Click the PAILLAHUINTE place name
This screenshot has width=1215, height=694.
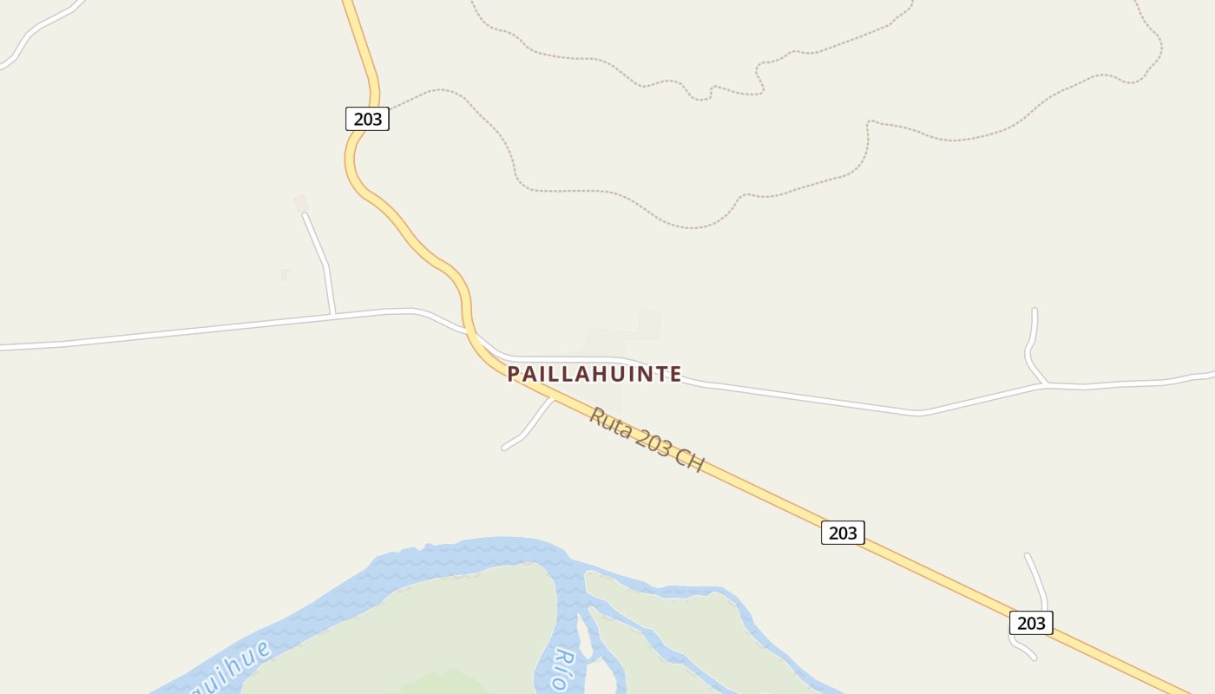tap(594, 374)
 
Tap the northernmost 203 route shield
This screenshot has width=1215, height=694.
tap(367, 119)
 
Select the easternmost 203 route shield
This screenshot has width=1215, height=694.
tap(1031, 623)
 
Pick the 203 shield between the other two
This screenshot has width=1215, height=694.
tap(843, 533)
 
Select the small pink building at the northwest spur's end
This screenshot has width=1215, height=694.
tap(300, 204)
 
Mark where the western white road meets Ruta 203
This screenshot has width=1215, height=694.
tap(469, 331)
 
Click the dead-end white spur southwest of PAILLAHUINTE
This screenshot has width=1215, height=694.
tap(526, 429)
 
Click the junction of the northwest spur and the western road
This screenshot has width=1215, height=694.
tap(332, 315)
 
